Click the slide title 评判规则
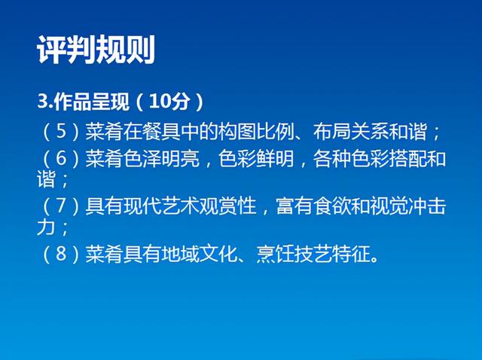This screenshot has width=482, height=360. tap(96, 50)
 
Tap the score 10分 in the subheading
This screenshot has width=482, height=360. tap(169, 102)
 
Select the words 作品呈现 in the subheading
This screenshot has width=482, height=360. tap(91, 102)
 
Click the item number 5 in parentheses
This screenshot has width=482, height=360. tap(61, 132)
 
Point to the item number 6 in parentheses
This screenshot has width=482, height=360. tap(61, 159)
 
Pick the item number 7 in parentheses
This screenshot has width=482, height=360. tap(61, 206)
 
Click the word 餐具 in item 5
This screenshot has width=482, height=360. tap(161, 132)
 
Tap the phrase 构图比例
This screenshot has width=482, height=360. tap(256, 132)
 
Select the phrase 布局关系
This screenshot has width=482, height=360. tap(351, 132)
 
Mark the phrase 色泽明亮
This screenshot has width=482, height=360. tap(161, 159)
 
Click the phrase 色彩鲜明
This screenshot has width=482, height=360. tap(256, 159)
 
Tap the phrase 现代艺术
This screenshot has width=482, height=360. tap(161, 206)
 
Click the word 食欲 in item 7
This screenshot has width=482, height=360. tap(332, 206)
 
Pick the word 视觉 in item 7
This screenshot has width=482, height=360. tap(389, 206)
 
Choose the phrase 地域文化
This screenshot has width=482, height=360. tap(199, 255)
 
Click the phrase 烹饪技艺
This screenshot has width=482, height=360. tap(294, 255)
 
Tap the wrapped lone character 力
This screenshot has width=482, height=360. tap(46, 227)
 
